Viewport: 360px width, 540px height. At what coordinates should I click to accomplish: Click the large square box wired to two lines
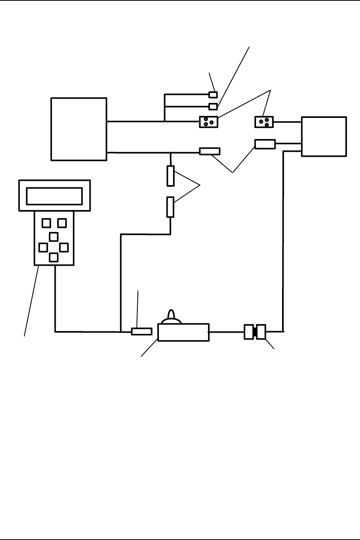pyautogui.click(x=79, y=129)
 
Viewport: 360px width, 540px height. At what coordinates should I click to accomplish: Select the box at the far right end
pyautogui.click(x=324, y=137)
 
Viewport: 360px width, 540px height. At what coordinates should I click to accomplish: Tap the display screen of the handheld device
pyautogui.click(x=54, y=196)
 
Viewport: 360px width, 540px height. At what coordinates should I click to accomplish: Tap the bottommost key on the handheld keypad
pyautogui.click(x=54, y=257)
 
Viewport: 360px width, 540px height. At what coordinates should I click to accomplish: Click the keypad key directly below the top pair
pyautogui.click(x=54, y=237)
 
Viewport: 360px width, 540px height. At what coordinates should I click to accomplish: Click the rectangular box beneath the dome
pyautogui.click(x=183, y=332)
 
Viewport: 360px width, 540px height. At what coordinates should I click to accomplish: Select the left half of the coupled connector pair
pyautogui.click(x=248, y=332)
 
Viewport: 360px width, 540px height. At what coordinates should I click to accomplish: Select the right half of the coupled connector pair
pyautogui.click(x=261, y=332)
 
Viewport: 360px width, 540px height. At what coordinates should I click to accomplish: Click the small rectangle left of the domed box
pyautogui.click(x=142, y=331)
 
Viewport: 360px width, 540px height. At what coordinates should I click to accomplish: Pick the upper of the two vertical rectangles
pyautogui.click(x=170, y=176)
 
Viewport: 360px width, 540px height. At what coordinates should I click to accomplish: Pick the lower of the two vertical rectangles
pyautogui.click(x=170, y=207)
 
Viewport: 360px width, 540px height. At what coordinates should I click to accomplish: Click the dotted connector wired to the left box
pyautogui.click(x=208, y=122)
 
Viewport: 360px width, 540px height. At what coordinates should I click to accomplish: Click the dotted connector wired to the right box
pyautogui.click(x=264, y=122)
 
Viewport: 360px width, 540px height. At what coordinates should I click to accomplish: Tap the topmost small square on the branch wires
pyautogui.click(x=213, y=94)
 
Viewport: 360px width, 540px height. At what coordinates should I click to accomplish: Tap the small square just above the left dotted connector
pyautogui.click(x=213, y=106)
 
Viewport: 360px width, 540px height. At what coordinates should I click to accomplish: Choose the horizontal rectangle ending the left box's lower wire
pyautogui.click(x=210, y=151)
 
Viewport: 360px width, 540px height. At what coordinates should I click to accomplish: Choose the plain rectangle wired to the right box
pyautogui.click(x=265, y=144)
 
